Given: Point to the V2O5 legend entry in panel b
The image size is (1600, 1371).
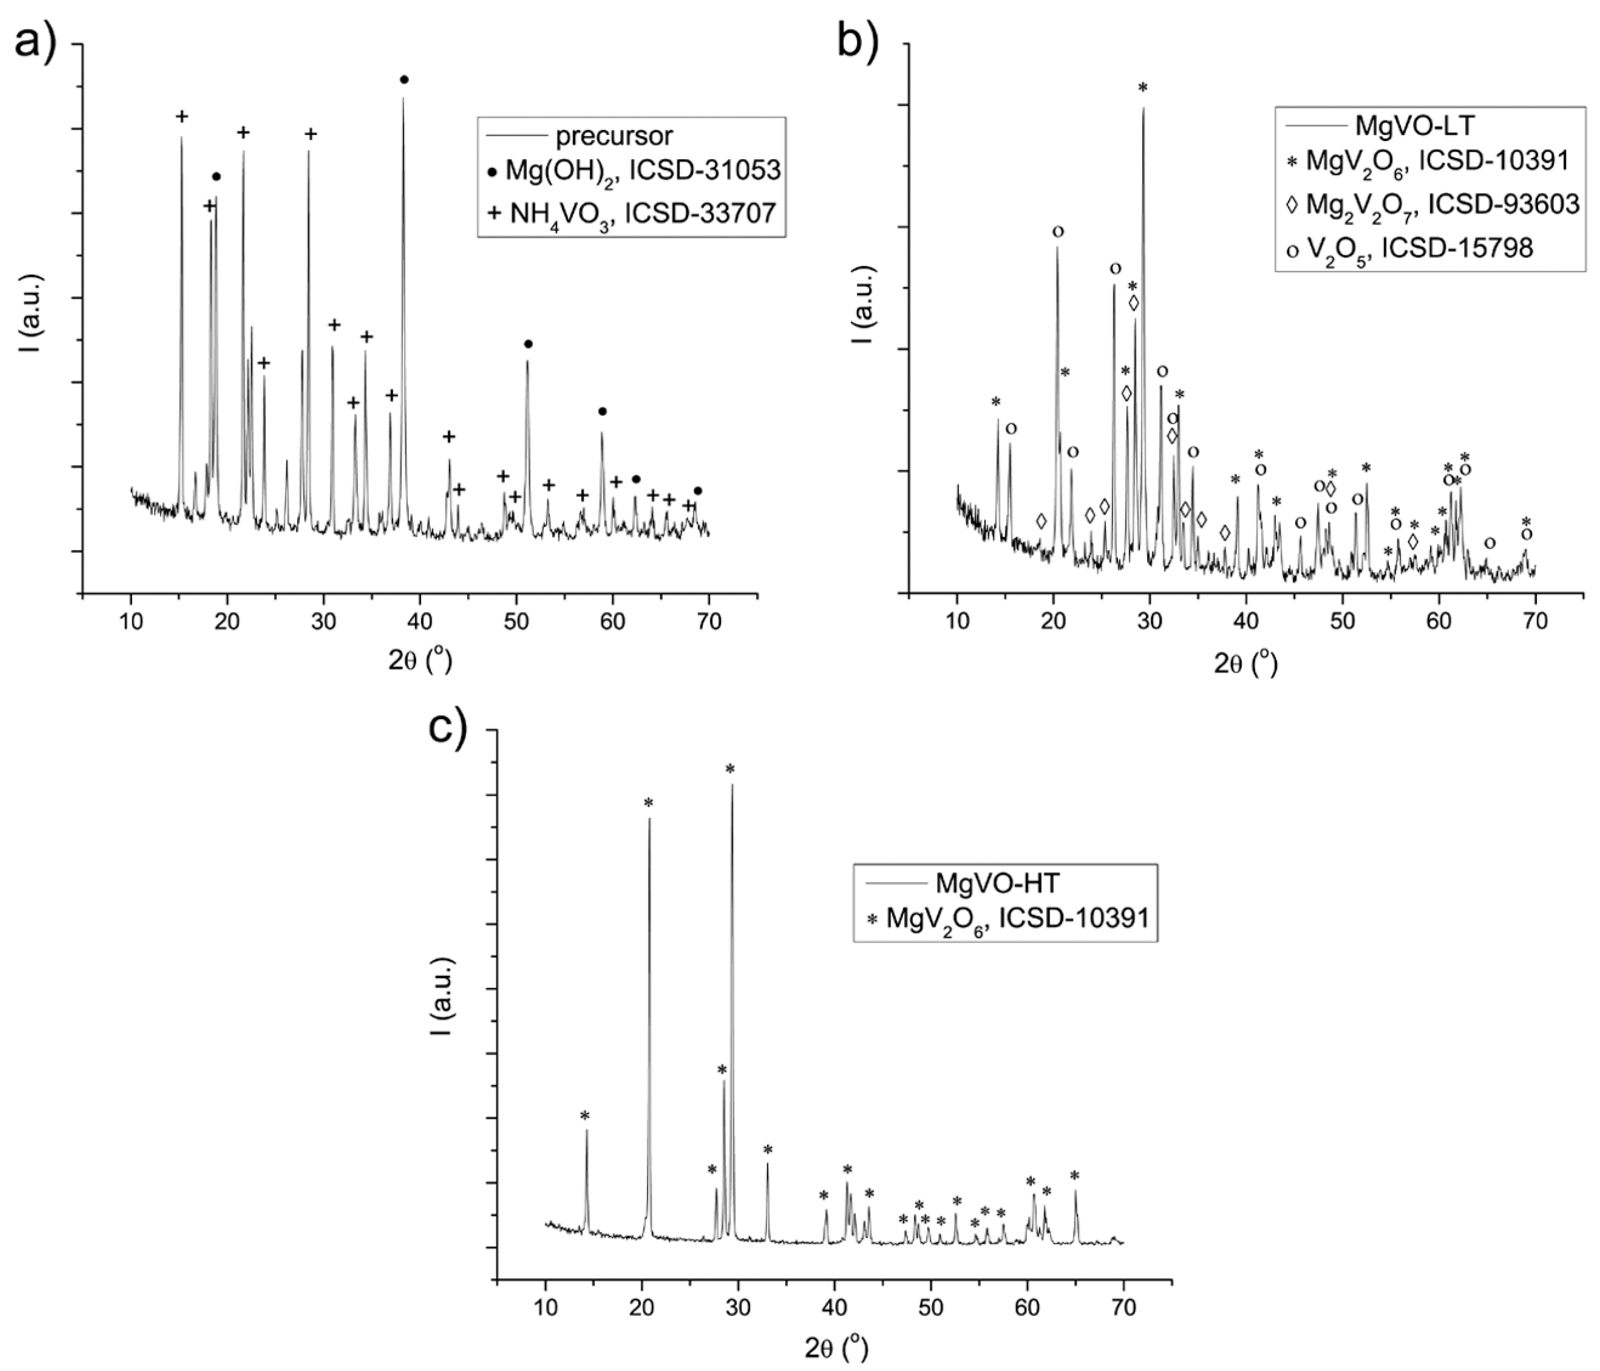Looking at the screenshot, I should point(1409,247).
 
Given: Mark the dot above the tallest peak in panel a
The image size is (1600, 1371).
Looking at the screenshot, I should point(404,79).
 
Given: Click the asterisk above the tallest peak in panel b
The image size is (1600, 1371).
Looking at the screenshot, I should point(1143,88).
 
